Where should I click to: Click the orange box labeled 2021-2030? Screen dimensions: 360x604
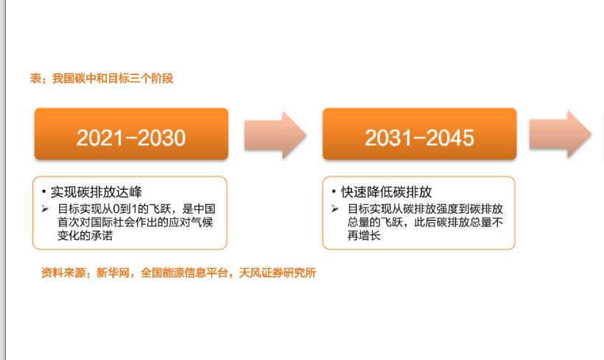131,135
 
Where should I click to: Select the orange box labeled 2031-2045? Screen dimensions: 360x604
419,135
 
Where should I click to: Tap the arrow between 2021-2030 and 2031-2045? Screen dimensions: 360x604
274,135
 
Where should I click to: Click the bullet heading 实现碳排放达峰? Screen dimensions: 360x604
96,193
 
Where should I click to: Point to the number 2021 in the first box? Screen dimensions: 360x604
97,138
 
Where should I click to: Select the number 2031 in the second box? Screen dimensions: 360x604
385,138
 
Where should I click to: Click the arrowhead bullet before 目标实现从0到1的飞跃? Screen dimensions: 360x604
46,209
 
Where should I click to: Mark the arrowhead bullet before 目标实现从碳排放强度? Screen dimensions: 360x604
334,209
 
